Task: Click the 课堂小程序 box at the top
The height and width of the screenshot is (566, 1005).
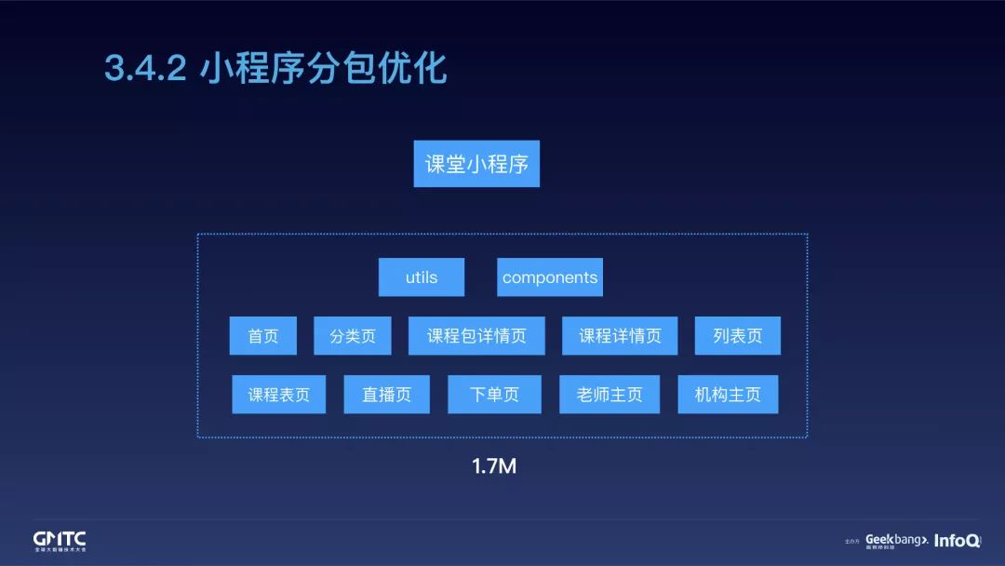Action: (476, 165)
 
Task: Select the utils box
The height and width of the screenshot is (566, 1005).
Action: (421, 277)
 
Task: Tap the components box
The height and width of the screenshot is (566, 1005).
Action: (549, 277)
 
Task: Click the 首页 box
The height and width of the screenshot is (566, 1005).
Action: (262, 336)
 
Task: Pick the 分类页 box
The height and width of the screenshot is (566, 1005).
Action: (352, 336)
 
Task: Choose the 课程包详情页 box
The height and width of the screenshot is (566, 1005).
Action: (476, 336)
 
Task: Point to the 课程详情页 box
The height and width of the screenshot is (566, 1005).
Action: (620, 336)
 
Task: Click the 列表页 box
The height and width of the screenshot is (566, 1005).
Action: (737, 336)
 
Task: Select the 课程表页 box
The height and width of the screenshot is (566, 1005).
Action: (278, 395)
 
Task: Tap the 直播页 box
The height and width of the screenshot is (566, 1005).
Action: (386, 395)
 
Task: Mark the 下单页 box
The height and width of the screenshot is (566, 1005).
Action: (495, 395)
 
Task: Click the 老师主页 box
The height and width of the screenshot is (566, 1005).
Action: (609, 395)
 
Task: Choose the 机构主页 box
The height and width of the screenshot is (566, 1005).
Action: (728, 395)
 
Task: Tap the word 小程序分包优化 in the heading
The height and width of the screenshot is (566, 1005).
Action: (323, 69)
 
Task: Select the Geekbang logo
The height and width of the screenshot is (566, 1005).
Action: (896, 540)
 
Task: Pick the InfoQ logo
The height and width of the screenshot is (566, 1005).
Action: (957, 540)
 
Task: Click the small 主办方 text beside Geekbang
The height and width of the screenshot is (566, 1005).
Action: (851, 541)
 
